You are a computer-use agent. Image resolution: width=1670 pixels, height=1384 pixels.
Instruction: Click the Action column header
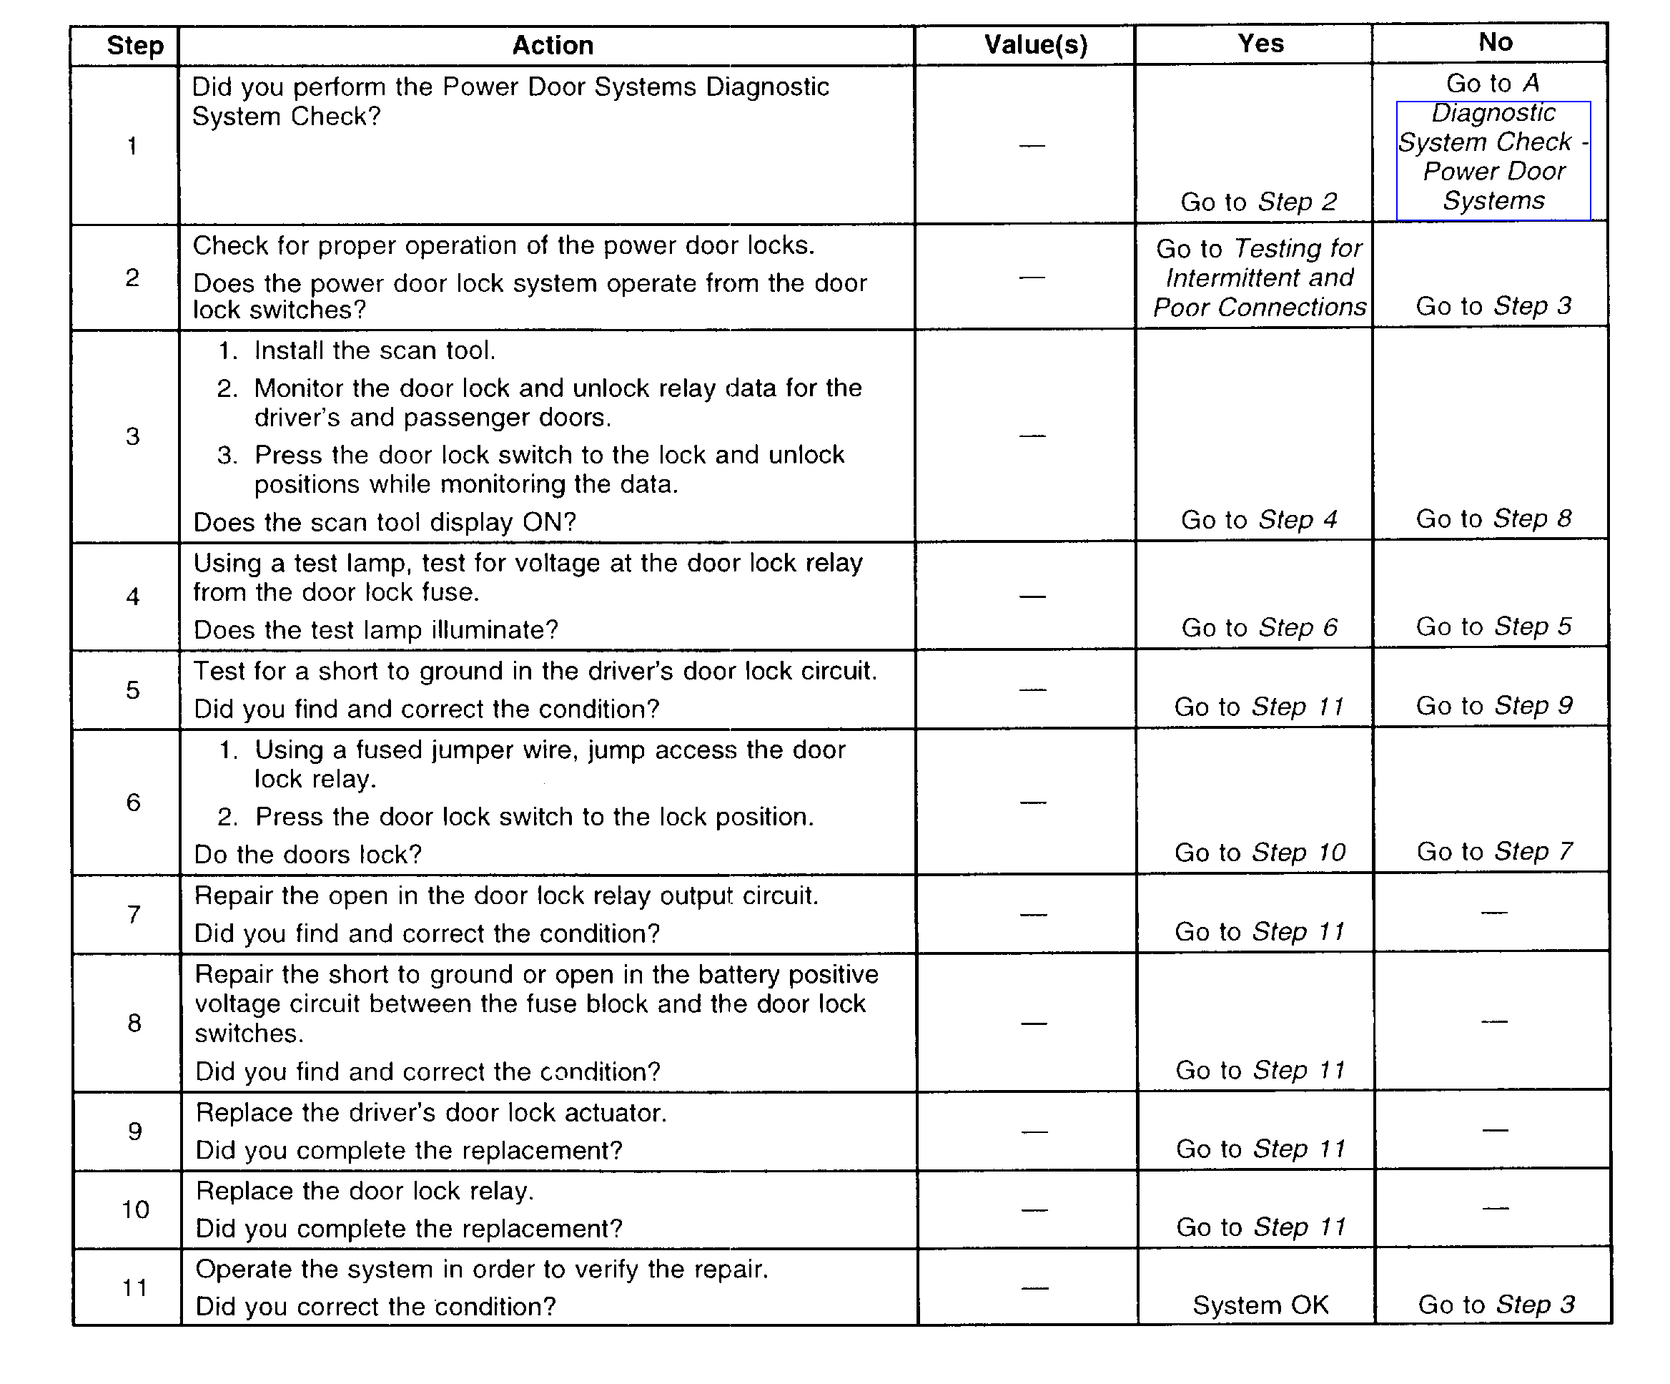552,45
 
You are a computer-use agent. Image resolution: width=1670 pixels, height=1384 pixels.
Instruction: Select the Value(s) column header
1035,44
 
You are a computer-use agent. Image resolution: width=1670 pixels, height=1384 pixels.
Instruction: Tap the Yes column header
1260,43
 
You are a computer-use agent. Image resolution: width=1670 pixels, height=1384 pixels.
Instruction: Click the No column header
1495,42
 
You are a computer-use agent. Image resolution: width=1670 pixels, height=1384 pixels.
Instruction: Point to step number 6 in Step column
133,802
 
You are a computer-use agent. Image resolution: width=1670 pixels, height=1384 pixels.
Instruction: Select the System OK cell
1260,1305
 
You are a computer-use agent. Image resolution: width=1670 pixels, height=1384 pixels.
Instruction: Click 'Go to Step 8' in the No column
1493,519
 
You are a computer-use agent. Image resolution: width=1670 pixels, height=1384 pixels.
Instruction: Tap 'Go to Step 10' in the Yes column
1260,853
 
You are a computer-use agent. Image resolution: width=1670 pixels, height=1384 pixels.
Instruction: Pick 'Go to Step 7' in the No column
1494,852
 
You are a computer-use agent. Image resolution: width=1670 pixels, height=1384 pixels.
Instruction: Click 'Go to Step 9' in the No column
1494,705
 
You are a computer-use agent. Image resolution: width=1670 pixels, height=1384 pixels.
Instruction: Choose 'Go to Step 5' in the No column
1493,627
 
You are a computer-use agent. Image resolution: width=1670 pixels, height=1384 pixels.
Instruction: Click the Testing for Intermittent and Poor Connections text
1260,278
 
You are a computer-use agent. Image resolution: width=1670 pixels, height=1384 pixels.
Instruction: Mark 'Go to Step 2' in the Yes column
1259,202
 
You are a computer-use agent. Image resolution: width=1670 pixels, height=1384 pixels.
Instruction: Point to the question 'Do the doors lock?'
307,854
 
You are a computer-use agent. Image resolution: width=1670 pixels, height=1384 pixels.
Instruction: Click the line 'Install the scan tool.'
375,350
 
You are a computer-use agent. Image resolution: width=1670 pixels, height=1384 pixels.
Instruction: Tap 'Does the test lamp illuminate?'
375,630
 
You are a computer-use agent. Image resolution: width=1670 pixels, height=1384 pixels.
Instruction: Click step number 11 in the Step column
134,1287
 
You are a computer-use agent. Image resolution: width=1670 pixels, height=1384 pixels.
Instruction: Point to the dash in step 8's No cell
1494,1021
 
